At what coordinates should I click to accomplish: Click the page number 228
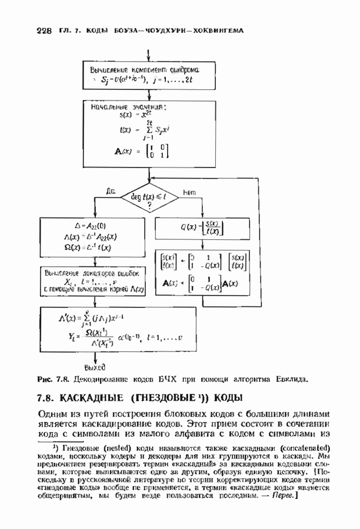pos(44,31)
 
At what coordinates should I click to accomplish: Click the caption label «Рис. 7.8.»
pos(54,380)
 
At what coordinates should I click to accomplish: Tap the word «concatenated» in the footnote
pos(306,448)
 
